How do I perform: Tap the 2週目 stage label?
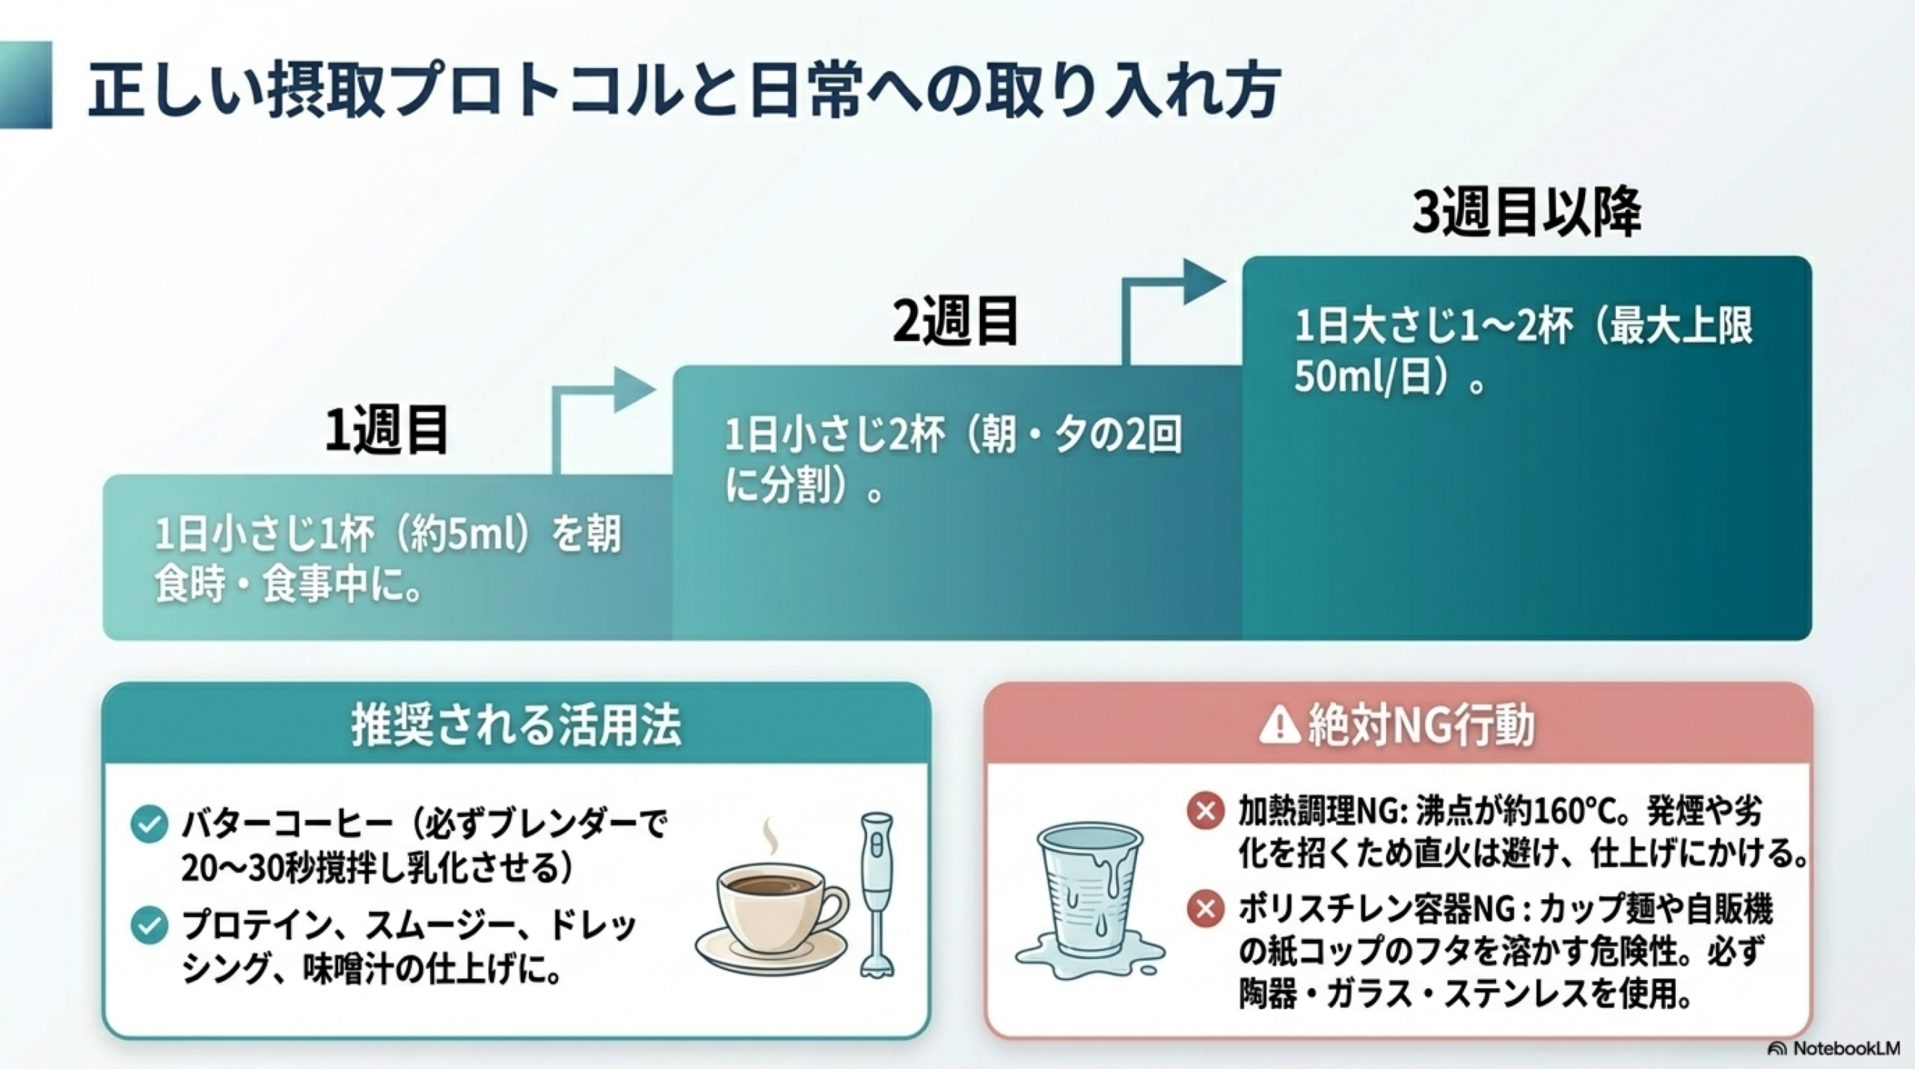click(955, 321)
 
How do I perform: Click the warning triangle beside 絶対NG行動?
click(1279, 726)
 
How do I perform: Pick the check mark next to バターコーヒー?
click(149, 825)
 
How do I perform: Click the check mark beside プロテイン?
click(149, 926)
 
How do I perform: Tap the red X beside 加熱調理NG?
click(1205, 811)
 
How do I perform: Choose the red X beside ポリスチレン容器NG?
click(1205, 910)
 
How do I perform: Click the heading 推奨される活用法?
click(516, 726)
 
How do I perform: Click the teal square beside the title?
click(25, 85)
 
